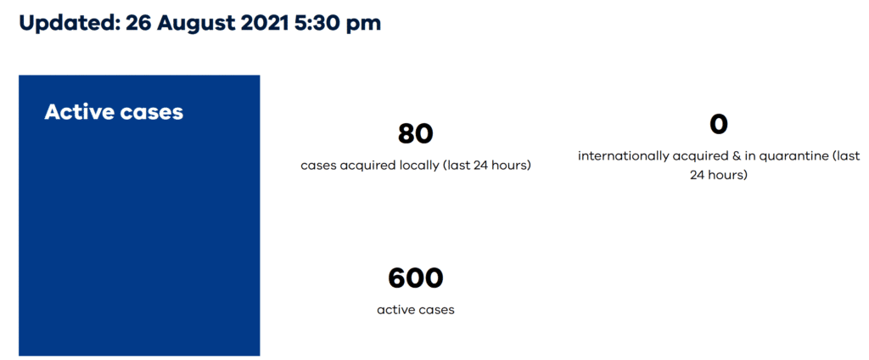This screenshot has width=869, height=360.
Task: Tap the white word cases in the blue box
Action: coord(151,114)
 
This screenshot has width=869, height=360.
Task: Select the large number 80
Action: coord(416,133)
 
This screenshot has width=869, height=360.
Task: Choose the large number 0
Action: coord(718,124)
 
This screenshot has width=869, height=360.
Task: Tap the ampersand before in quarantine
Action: coord(721,156)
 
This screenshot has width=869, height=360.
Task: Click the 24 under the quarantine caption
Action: coord(699,175)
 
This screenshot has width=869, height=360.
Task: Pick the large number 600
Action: coord(416,278)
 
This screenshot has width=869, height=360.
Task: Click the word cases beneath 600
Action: coord(436,311)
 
